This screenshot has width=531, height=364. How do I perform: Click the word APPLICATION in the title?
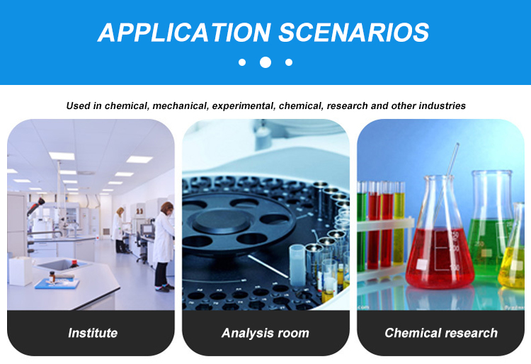(x=184, y=33)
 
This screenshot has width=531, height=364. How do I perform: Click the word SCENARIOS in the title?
(x=354, y=33)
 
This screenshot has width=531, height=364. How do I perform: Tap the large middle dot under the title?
(x=265, y=62)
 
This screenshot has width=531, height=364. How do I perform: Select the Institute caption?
(x=93, y=333)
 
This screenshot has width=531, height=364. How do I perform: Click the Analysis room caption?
(x=265, y=333)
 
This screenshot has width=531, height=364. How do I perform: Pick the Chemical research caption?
(x=441, y=333)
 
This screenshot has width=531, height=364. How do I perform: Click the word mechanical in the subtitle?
(x=180, y=106)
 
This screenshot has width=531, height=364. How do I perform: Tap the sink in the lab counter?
(x=61, y=265)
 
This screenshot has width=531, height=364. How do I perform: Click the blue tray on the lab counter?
(x=57, y=283)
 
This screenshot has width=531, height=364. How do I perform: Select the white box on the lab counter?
(x=21, y=271)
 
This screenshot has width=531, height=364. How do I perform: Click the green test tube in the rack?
(x=362, y=226)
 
